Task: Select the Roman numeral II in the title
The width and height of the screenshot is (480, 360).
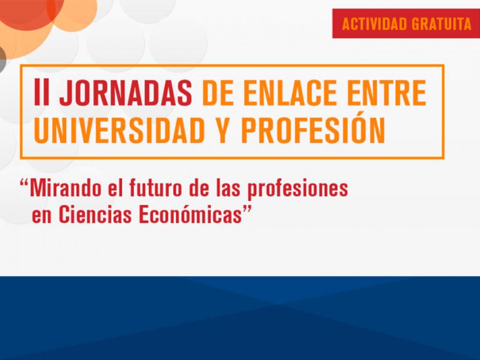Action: point(42,94)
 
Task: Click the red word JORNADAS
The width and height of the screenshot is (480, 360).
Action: point(126,94)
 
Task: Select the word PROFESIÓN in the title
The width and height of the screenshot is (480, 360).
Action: point(313,131)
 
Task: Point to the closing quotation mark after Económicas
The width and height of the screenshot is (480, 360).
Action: point(248,210)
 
